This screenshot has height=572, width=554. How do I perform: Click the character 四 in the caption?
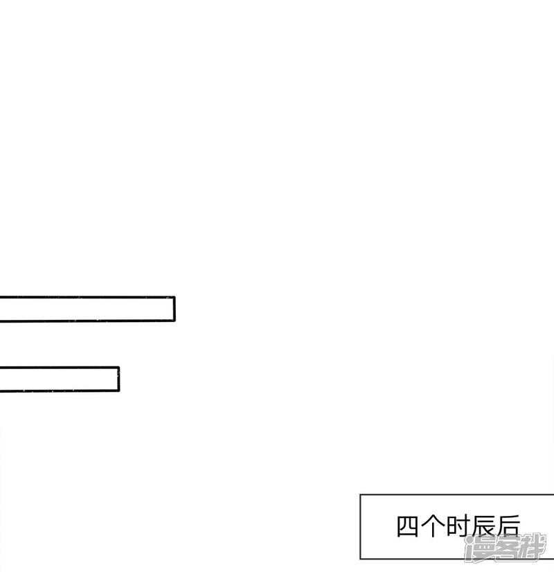click(x=407, y=526)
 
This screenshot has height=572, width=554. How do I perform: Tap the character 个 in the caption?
click(x=432, y=526)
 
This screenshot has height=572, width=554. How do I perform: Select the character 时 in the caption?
click(x=458, y=526)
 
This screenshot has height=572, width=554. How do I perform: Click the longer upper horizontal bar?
click(x=87, y=309)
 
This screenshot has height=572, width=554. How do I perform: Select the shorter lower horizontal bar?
click(x=59, y=379)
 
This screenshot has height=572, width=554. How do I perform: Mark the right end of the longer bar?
click(x=174, y=309)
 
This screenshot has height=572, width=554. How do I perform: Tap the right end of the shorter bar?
click(x=118, y=379)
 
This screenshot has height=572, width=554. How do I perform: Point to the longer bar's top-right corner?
click(x=175, y=297)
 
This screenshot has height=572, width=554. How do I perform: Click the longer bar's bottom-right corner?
click(x=175, y=321)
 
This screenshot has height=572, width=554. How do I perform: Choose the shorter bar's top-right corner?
click(x=119, y=367)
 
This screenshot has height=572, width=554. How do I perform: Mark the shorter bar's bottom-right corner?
click(x=119, y=391)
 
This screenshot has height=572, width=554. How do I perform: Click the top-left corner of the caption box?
click(x=360, y=494)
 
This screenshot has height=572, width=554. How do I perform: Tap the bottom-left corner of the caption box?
click(x=360, y=559)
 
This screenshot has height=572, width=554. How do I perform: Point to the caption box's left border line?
click(x=360, y=526)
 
